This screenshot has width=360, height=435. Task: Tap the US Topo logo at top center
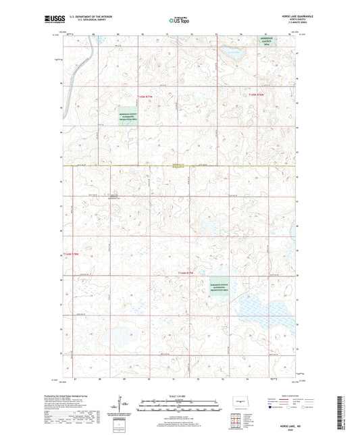[180, 21]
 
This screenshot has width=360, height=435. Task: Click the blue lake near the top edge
[233, 51]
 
